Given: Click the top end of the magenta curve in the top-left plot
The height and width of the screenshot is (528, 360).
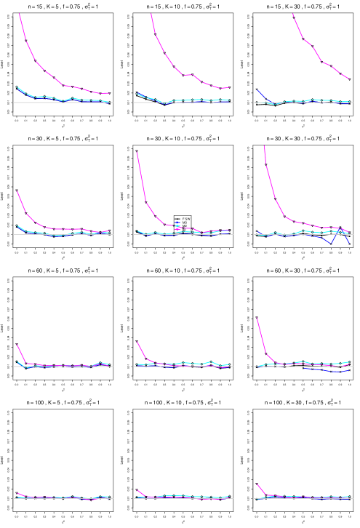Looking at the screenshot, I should click(x=19, y=14).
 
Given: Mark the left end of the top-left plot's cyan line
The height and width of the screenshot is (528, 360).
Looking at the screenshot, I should click(x=17, y=87).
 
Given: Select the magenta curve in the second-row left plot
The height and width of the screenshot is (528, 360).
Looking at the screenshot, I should click(x=26, y=212).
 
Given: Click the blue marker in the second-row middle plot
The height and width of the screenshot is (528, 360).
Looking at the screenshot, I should click(x=177, y=224).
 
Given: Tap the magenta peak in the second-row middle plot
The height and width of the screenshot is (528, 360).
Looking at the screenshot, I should click(x=137, y=153).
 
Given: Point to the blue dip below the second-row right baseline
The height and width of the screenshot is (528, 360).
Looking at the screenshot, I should click(x=331, y=242).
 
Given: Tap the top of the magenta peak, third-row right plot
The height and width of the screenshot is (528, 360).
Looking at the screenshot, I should click(x=257, y=319).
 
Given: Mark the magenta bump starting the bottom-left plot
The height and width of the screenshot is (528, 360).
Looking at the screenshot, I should click(x=18, y=494).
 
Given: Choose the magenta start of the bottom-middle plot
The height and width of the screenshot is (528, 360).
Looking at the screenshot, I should click(x=138, y=491).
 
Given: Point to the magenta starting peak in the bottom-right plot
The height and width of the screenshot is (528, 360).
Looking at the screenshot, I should click(x=258, y=485).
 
